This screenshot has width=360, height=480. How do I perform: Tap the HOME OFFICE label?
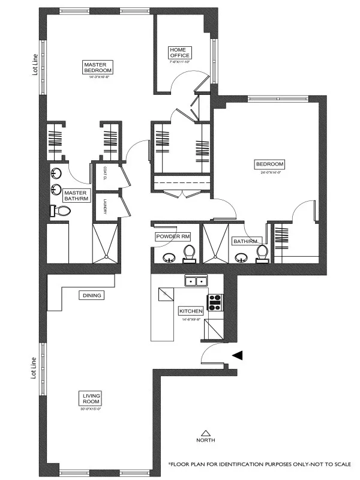[179, 52]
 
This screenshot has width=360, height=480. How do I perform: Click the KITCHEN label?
[191, 311]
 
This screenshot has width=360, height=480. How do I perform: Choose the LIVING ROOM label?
[91, 398]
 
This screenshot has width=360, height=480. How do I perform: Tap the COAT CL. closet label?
[104, 172]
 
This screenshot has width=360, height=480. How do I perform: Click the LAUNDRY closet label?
[104, 206]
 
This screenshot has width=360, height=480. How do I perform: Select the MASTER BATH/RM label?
[75, 196]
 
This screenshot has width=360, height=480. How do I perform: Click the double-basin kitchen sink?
[196, 281]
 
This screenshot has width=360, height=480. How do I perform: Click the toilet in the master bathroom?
[61, 211]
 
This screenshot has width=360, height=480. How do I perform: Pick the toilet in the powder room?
[190, 253]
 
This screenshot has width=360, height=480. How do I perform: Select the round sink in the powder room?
[168, 258]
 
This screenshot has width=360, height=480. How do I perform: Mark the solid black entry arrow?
[238, 355]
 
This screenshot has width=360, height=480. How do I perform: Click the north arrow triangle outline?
[206, 432]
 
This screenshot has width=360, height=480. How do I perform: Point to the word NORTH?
[206, 440]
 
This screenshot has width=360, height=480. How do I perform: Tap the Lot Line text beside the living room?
[35, 367]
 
